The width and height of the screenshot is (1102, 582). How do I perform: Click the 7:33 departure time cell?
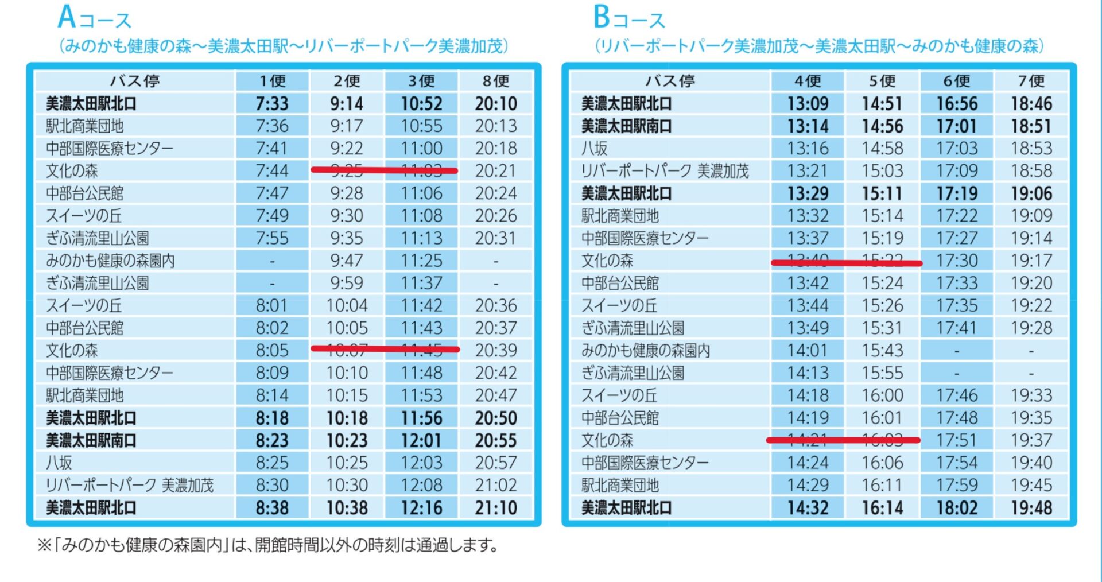click(272, 104)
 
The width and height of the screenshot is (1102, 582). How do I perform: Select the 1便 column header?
click(272, 81)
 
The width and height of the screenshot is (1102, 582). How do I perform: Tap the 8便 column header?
click(496, 81)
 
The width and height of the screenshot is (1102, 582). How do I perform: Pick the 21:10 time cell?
click(496, 508)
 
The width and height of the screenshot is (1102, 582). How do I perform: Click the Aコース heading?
click(95, 18)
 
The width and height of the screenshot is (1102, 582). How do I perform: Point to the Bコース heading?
click(629, 18)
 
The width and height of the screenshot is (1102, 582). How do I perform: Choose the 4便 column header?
click(808, 81)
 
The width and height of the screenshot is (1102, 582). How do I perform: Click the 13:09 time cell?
click(808, 104)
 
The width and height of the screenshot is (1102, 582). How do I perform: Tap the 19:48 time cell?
click(1031, 508)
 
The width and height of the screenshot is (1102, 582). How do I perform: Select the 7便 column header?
click(1031, 81)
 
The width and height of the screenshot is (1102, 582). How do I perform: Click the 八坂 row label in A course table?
click(59, 463)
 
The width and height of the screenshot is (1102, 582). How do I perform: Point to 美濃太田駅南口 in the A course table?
click(91, 440)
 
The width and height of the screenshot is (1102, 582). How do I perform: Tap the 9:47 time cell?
click(347, 261)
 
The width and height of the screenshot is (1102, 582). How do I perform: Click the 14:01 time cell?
click(808, 350)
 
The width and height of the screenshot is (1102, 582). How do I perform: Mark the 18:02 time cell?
click(957, 508)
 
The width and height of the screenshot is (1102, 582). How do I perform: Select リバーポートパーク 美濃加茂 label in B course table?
click(665, 171)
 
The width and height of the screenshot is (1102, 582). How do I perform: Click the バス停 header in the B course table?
click(670, 81)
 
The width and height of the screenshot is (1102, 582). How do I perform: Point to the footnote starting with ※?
click(267, 545)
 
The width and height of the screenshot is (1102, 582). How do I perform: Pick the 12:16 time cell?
click(421, 508)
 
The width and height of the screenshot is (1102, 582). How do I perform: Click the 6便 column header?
click(957, 81)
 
